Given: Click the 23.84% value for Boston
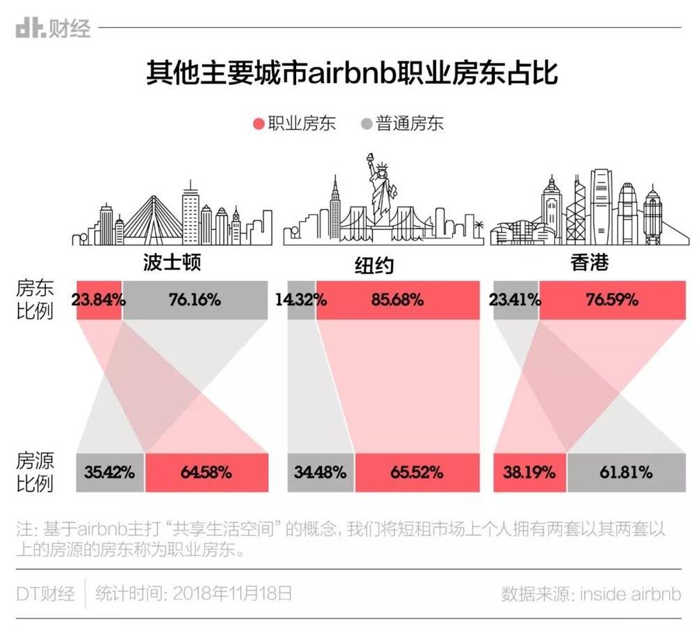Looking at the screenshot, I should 98,300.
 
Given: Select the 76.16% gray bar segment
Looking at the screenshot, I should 195,300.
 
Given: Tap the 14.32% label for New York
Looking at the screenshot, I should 301,300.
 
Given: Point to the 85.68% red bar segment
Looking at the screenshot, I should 397,300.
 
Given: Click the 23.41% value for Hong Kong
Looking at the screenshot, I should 515,300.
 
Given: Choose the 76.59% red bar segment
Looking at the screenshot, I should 612,300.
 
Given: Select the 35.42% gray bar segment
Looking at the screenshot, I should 110,472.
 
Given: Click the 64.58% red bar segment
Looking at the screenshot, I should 206,472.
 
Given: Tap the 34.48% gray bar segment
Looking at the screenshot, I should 321,472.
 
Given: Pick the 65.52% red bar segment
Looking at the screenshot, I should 417,472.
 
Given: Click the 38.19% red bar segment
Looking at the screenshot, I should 529,472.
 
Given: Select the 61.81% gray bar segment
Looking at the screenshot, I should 626,472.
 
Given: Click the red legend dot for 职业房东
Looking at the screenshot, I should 259,124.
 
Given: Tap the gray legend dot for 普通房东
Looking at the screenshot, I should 367,124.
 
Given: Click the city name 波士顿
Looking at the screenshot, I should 171,263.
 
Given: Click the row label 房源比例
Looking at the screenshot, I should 35,472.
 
